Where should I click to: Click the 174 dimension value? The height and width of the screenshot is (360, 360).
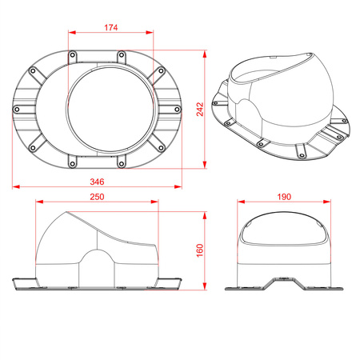click(110, 27)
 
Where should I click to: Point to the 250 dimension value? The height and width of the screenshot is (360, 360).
click(98, 197)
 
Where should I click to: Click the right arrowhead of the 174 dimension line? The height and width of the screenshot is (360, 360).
click(151, 33)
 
